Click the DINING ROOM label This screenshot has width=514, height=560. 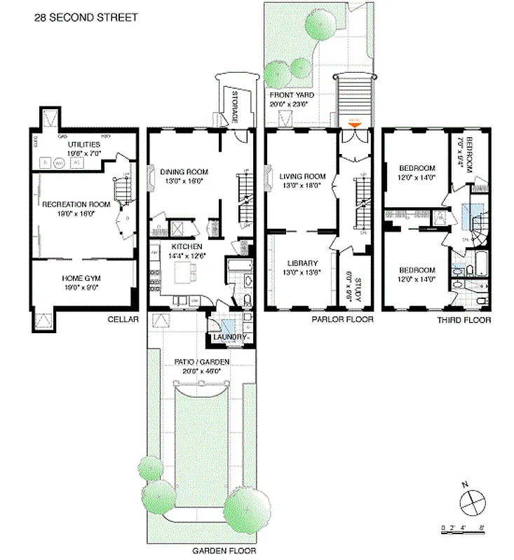180,171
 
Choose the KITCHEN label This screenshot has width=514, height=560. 187,246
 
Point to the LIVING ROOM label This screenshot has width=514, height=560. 302,176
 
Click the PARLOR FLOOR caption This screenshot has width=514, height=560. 343,320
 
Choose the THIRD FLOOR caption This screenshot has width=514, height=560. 464,320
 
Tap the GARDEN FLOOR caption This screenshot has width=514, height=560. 224,551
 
